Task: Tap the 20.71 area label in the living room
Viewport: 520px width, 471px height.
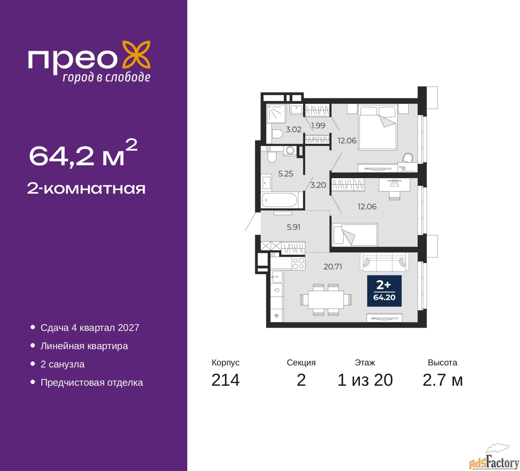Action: (333, 266)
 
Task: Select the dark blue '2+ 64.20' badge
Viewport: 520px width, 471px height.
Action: (384, 291)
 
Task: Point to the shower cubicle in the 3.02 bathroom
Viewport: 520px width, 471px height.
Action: (276, 113)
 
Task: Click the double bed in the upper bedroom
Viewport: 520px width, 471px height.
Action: (378, 127)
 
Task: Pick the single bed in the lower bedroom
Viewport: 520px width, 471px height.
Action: (355, 234)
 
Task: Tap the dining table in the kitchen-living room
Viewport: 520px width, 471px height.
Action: (326, 300)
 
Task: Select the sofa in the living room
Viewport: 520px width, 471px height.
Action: (384, 261)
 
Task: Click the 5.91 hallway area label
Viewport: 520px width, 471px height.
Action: (293, 227)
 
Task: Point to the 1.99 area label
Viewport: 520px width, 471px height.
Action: (318, 125)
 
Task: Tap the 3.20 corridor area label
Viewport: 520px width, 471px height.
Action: (318, 185)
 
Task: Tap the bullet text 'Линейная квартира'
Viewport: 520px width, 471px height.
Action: (84, 346)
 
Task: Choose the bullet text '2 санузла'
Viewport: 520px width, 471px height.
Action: (63, 364)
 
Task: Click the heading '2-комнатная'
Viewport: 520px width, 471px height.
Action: (86, 189)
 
